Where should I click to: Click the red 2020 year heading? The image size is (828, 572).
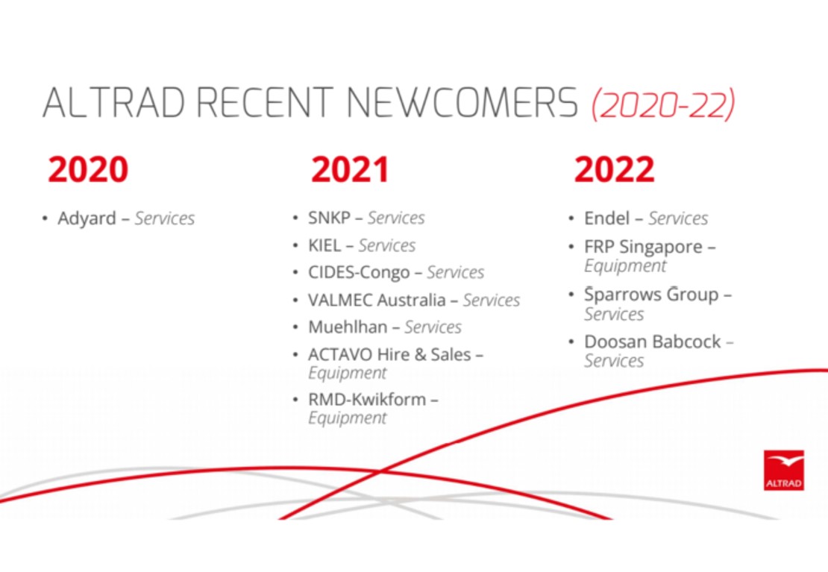(x=88, y=169)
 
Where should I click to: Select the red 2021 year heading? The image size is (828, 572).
(x=350, y=169)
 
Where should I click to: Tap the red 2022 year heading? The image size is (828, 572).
(x=614, y=169)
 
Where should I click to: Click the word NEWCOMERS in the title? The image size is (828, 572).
(x=462, y=102)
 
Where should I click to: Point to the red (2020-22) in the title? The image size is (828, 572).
(x=663, y=104)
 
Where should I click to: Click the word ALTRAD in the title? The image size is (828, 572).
(x=113, y=102)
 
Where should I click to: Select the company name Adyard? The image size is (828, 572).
(x=87, y=218)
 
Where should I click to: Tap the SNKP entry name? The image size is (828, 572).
(x=329, y=218)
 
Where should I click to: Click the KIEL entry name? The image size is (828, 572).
(x=324, y=245)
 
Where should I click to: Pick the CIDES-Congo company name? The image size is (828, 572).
(x=359, y=272)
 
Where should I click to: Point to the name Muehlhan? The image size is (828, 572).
(x=348, y=327)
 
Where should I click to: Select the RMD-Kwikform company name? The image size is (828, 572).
(x=367, y=399)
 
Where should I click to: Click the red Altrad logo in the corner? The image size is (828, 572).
(x=784, y=470)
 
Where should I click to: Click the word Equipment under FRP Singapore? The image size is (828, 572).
(x=625, y=265)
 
